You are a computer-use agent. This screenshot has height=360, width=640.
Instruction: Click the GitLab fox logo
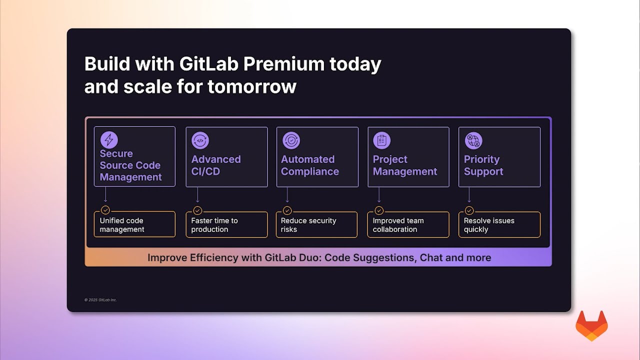591,326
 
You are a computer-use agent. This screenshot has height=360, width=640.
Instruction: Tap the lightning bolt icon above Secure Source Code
108,139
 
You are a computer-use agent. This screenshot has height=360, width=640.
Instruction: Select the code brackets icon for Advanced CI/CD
200,140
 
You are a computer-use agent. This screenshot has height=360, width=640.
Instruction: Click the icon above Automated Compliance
291,140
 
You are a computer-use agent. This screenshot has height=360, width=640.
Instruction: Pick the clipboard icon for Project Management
382,140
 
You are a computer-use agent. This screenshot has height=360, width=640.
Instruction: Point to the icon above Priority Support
473,140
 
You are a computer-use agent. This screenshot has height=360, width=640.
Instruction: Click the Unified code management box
134,224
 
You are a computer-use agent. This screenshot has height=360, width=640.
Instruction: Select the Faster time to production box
226,224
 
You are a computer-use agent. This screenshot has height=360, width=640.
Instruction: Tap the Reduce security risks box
316,224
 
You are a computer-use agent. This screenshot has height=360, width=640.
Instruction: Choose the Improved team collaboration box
408,224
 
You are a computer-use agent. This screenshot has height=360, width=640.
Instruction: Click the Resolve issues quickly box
499,224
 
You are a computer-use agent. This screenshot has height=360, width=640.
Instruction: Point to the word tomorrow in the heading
252,86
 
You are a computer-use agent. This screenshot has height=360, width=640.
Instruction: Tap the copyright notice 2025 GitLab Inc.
100,300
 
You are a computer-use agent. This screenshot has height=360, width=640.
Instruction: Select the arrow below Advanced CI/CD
197,195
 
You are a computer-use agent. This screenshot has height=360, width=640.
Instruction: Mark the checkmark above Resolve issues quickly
469,210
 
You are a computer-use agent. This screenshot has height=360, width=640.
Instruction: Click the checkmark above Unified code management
105,210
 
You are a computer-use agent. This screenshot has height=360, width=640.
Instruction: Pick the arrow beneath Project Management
379,195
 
